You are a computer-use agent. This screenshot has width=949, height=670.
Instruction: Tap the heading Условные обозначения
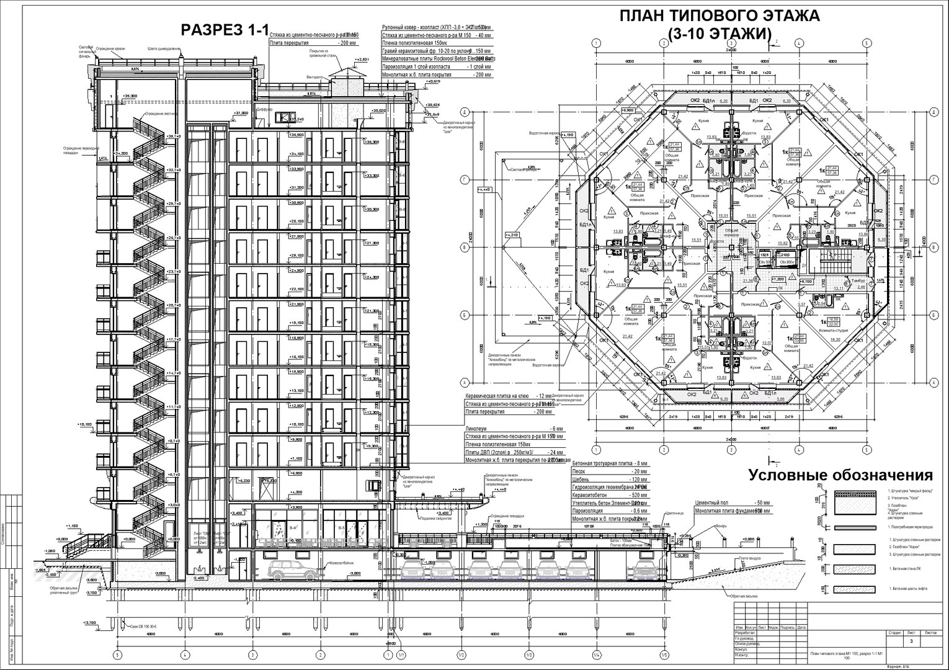pyautogui.click(x=840, y=475)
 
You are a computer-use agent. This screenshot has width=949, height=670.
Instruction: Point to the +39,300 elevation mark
pyautogui.click(x=130, y=96)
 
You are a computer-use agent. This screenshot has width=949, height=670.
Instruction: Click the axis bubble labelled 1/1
pyautogui.click(x=401, y=654)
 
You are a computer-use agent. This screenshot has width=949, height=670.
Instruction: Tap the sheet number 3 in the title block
pyautogui.click(x=911, y=641)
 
